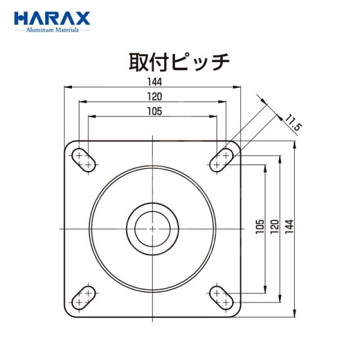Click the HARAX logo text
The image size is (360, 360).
coord(52,19)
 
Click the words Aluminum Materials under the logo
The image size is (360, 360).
coord(52,30)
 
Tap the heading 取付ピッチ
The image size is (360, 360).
coord(179,61)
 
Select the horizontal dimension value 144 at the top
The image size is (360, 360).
coord(155,82)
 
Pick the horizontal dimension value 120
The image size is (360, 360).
coord(155,97)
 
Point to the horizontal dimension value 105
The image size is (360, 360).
coord(155,111)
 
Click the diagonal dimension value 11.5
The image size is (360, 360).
coord(294,123)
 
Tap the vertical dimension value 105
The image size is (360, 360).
coord(260,227)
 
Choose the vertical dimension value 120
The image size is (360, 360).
coord(274,227)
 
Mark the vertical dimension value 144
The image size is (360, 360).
coord(289,227)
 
